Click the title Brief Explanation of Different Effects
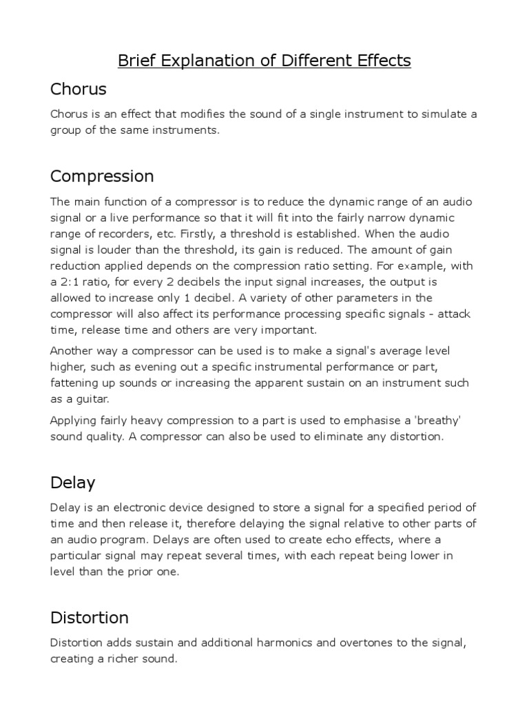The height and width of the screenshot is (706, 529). coord(264,61)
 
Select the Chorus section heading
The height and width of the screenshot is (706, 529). coord(78,89)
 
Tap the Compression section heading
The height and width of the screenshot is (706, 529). coord(102,176)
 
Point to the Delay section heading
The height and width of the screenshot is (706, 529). coord(72,482)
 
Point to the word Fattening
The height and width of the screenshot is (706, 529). coord(76,383)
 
